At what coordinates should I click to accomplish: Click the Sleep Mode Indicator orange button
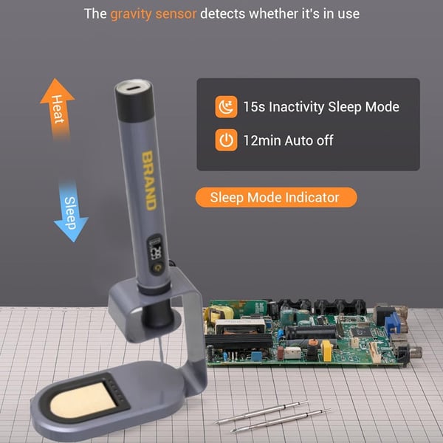coord(275,198)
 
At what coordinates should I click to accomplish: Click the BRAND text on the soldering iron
coord(148,179)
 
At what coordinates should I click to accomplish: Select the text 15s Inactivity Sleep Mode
coord(320,107)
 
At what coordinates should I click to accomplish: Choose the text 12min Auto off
coord(288,140)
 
